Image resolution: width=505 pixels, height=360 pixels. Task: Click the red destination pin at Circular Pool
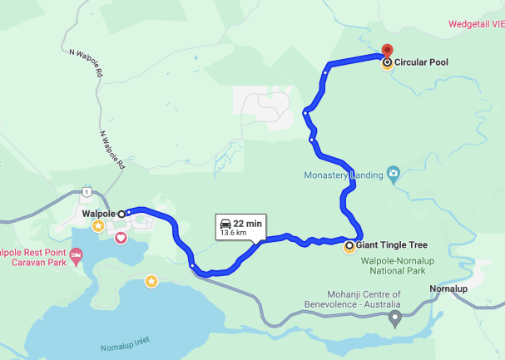tap(385, 51)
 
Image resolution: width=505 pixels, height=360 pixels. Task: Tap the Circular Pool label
tap(423, 62)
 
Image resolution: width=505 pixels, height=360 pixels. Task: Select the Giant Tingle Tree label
tap(392, 245)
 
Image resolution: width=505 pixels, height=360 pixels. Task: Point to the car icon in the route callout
tap(225, 223)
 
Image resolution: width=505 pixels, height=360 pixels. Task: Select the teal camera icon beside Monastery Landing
tap(394, 175)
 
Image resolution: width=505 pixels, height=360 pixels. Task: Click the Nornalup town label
tap(452, 288)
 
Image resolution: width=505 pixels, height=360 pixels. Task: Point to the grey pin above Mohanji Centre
tap(395, 317)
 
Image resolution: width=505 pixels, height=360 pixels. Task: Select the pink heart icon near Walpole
tap(121, 239)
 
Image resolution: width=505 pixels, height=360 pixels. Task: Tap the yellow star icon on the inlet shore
tap(151, 281)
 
